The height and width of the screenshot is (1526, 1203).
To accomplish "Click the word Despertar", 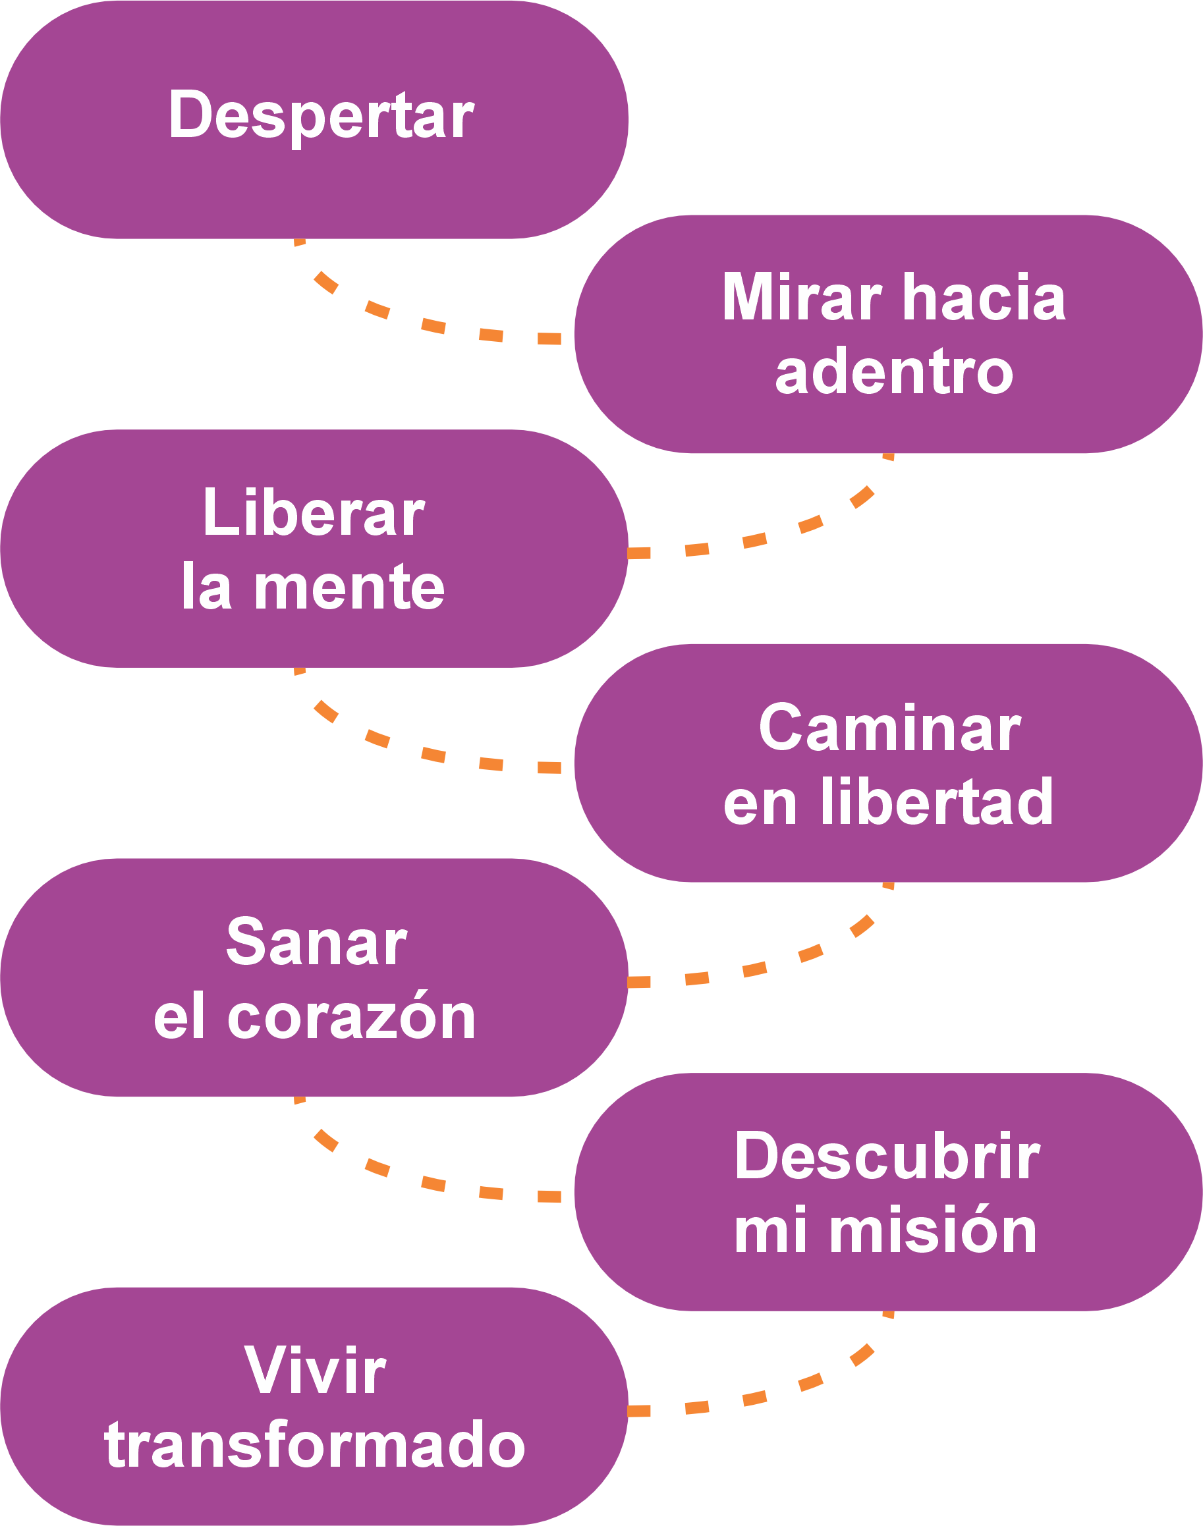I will tap(320, 116).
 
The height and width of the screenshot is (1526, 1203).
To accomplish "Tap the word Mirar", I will tap(802, 298).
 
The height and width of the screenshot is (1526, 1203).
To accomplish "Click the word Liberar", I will tap(314, 513).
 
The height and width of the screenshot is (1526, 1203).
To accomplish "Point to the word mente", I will tap(349, 588).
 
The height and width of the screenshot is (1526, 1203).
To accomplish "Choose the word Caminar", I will tap(889, 729).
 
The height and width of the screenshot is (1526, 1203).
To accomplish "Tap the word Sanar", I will tap(316, 943).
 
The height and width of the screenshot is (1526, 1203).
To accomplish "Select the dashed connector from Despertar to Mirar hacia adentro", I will tap(432, 325).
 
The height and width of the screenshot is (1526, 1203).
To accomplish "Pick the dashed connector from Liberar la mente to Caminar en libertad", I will tap(432, 754).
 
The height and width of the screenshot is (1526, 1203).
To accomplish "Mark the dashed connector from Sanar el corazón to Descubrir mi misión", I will tap(432, 1183).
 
